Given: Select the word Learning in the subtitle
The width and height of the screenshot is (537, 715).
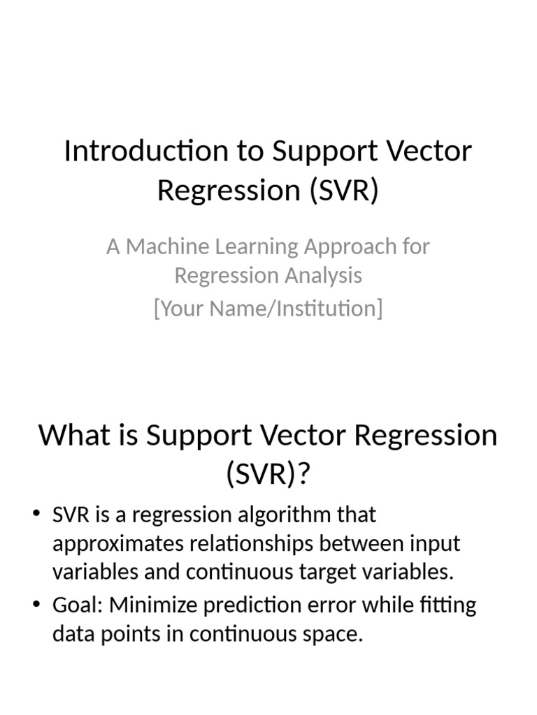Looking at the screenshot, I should (x=252, y=246).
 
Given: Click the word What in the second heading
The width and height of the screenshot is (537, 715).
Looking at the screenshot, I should (x=70, y=436).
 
